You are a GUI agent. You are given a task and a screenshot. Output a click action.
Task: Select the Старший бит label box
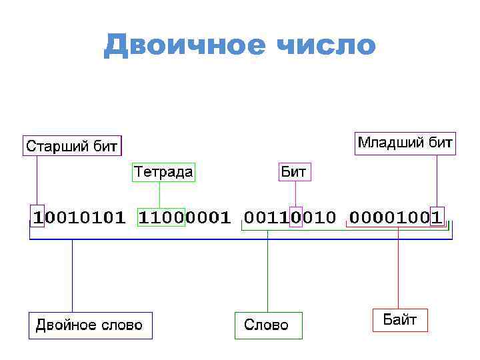coord(72,145)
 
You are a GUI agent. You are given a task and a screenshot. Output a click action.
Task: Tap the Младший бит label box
coord(405,143)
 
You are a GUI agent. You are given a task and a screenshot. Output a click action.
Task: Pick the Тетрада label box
coord(164,172)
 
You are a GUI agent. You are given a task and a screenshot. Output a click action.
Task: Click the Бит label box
coord(294,172)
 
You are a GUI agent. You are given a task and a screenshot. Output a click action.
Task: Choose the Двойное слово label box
coord(89,325)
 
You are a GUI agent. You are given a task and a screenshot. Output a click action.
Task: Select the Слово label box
coord(267,325)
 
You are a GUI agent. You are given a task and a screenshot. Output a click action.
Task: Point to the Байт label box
coord(399,319)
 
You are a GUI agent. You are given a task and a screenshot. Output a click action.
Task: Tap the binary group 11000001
coord(184,217)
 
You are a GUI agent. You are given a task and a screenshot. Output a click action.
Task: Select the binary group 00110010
coord(290,217)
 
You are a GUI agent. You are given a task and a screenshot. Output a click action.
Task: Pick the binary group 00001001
coord(396,217)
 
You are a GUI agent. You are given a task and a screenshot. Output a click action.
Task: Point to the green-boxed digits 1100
coord(161,217)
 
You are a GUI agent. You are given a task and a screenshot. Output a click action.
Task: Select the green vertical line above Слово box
coord(267,273)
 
